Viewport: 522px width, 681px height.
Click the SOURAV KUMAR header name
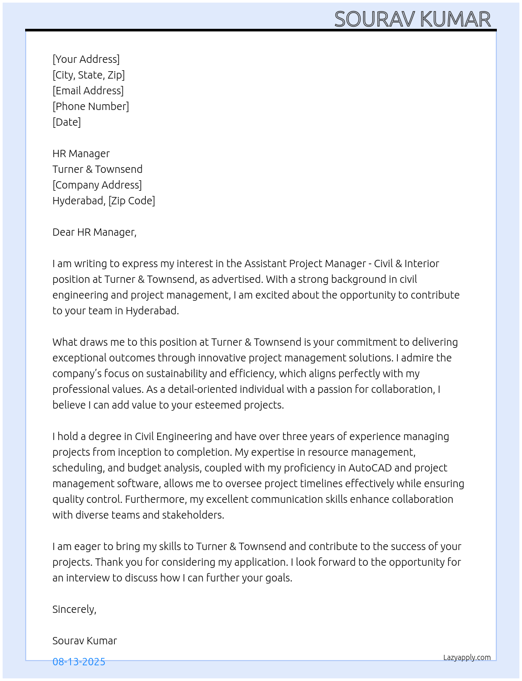coord(412,19)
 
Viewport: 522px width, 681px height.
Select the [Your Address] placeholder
coord(86,59)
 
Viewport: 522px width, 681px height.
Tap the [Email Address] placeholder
coord(88,91)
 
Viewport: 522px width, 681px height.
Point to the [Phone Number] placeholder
coord(91,106)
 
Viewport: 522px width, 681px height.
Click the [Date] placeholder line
coord(67,122)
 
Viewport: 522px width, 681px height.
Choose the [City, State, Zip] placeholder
coord(89,75)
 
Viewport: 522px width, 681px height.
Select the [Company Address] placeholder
coord(97,185)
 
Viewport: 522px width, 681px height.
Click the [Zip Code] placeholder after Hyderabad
coord(132,201)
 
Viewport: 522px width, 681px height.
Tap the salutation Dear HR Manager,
coord(94,232)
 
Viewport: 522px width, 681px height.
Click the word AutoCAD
coord(370,468)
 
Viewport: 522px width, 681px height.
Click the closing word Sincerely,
coord(74,609)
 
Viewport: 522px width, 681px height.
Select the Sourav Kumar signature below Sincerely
coord(84,641)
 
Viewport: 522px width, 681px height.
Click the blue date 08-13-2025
coord(79,662)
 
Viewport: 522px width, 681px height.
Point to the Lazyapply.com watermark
coord(467,657)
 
